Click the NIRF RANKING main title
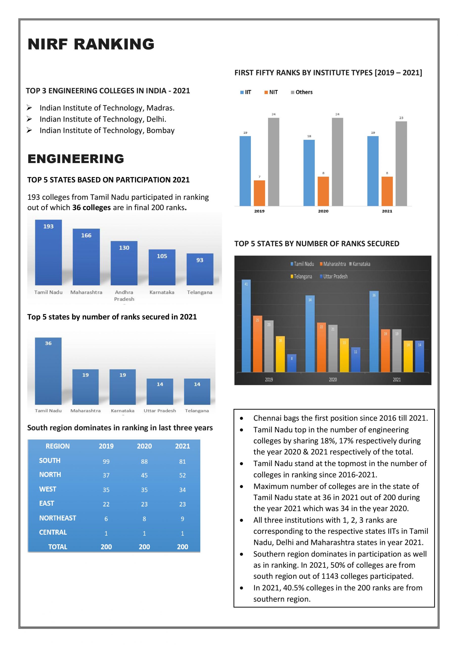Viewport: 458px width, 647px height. (91, 44)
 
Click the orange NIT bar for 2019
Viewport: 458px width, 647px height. (259, 193)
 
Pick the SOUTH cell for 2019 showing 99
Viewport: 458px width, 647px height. (106, 461)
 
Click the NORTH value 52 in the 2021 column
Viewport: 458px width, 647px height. (183, 475)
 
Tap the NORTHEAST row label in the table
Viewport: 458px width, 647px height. (57, 518)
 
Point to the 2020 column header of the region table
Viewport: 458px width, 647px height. (144, 446)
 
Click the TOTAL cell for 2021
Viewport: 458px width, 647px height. (183, 547)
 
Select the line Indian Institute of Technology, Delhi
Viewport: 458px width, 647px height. (103, 119)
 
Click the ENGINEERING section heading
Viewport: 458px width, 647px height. (76, 159)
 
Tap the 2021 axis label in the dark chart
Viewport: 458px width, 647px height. (397, 380)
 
